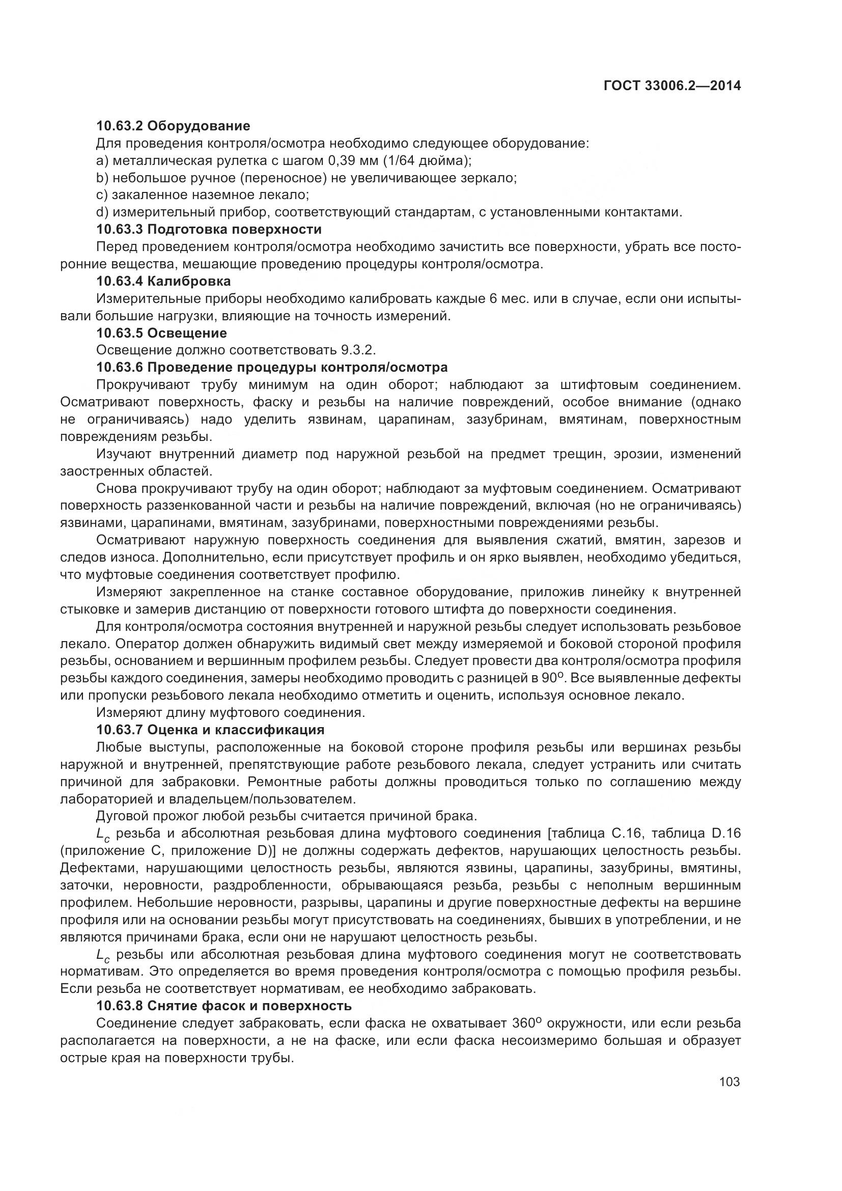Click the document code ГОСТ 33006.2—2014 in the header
coord(672,86)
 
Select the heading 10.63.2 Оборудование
coord(173,126)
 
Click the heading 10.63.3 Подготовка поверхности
coord(209,229)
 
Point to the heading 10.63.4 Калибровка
coord(163,281)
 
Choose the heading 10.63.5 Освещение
coord(161,333)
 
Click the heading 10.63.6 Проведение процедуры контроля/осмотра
coord(272,367)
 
